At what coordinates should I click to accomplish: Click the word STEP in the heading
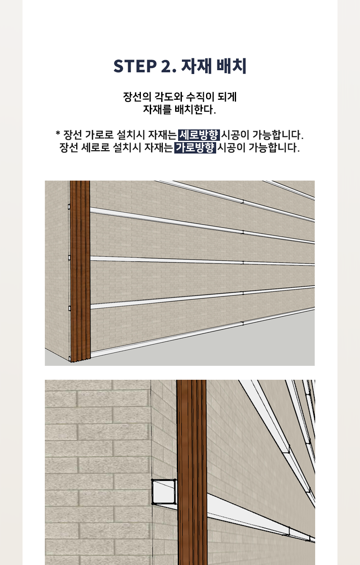click(x=135, y=66)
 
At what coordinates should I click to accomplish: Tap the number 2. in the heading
click(x=168, y=66)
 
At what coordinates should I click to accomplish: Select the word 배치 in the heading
click(x=231, y=66)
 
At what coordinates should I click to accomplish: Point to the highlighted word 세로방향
click(x=199, y=135)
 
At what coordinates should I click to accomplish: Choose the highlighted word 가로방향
click(x=195, y=148)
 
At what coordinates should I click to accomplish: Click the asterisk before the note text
click(x=58, y=133)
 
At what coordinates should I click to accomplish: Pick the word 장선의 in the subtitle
click(x=137, y=97)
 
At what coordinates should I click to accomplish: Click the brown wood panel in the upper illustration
click(x=80, y=271)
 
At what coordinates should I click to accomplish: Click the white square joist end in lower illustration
click(x=164, y=492)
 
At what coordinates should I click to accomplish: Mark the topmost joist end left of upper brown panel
click(x=69, y=207)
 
